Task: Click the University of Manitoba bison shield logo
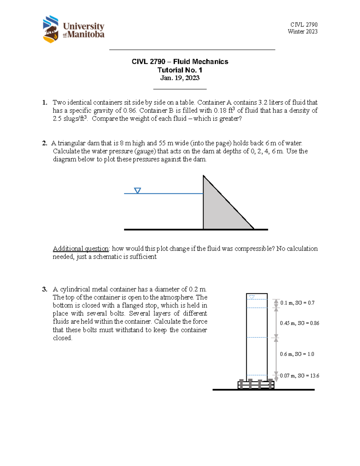pos(50,29)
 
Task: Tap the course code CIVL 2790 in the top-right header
pos(304,25)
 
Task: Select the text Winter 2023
pos(302,32)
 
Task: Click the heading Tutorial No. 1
pos(180,70)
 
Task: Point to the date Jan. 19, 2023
pos(180,78)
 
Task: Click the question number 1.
pos(44,103)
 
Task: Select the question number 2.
pos(44,143)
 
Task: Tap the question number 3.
pos(44,289)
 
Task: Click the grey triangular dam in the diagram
pos(219,210)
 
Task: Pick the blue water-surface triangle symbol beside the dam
pos(137,191)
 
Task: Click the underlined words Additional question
pos(81,248)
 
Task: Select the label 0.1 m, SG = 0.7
pos(297,303)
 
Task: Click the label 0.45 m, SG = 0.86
pos(299,323)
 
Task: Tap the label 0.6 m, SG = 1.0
pos(297,354)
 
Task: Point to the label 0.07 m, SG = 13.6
pos(299,376)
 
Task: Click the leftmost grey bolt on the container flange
pos(241,384)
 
